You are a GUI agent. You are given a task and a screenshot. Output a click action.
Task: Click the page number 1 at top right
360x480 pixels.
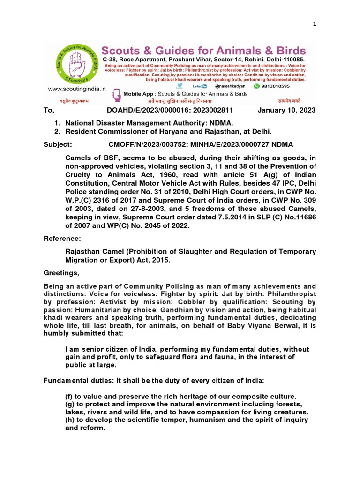click(315, 24)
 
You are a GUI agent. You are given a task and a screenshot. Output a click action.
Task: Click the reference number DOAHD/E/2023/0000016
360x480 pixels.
click(150, 110)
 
